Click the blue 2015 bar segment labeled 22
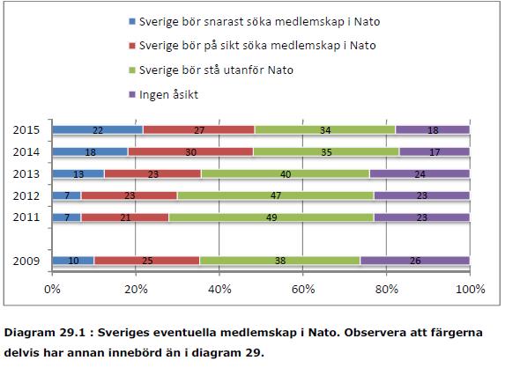tap(98, 129)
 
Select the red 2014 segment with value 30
tap(190, 151)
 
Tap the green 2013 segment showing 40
tap(286, 174)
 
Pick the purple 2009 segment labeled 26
tap(415, 261)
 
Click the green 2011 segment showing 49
tap(271, 217)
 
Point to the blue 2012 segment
tap(67, 195)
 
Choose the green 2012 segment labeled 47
tap(276, 195)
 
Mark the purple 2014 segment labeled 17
tap(435, 151)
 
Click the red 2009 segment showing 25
tap(147, 261)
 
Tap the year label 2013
tap(26, 174)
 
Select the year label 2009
tap(26, 261)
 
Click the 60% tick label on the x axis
tap(303, 290)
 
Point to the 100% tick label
tap(471, 290)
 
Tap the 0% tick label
tap(52, 290)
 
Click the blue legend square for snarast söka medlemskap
tap(132, 22)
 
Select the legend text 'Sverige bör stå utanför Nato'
tap(216, 70)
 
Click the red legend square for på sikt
tap(132, 46)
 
